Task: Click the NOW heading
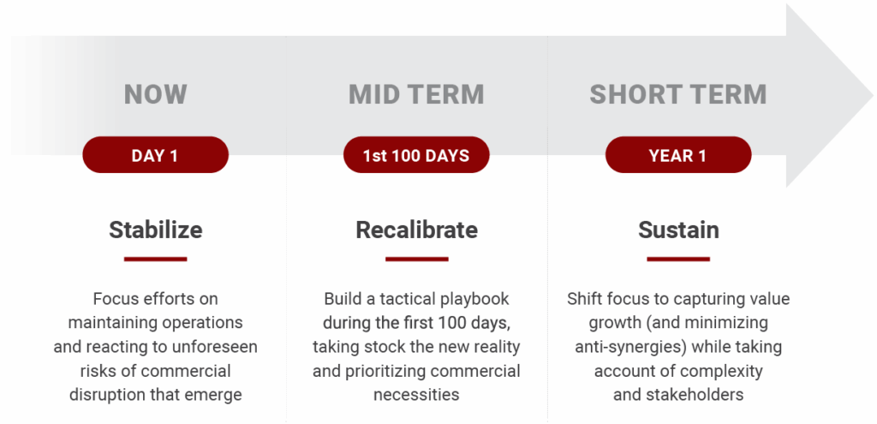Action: pos(156,94)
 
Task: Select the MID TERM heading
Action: pos(416,94)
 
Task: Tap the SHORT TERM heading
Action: pos(678,94)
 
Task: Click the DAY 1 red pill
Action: pos(156,155)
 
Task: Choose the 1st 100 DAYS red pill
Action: pos(416,155)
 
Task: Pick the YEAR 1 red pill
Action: pos(678,155)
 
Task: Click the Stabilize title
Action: pos(156,230)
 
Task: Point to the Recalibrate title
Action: pos(417,230)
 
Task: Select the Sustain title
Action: pos(678,230)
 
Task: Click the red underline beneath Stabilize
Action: pos(156,259)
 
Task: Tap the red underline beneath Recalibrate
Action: pos(417,259)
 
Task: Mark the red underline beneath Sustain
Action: pos(678,259)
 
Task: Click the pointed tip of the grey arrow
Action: pos(873,96)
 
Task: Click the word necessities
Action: pos(416,394)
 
